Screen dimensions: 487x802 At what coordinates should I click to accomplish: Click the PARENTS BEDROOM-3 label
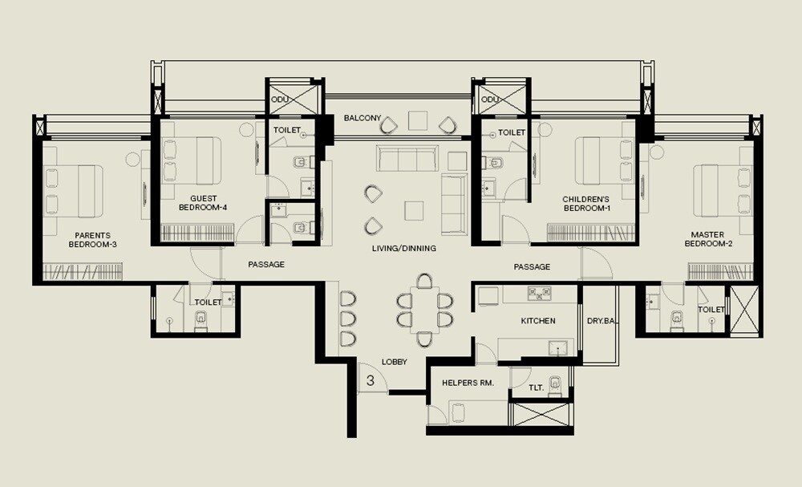point(93,240)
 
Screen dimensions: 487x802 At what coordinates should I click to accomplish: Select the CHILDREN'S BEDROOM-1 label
point(586,203)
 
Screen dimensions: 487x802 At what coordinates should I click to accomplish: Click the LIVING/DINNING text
point(404,249)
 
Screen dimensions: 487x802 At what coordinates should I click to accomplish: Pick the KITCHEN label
point(538,321)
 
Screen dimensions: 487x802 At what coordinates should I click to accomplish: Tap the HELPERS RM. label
point(468,384)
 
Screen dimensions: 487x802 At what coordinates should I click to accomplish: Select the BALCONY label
point(363,118)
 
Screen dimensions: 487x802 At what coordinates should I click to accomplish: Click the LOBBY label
point(395,362)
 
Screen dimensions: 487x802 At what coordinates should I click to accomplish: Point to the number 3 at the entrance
point(370,380)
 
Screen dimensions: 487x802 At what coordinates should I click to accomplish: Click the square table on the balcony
point(419,120)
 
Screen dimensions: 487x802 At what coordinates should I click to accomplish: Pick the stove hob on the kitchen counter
point(537,294)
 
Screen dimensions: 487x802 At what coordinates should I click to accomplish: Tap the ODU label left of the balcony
point(279,99)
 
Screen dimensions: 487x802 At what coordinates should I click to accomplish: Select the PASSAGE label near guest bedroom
point(266,265)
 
